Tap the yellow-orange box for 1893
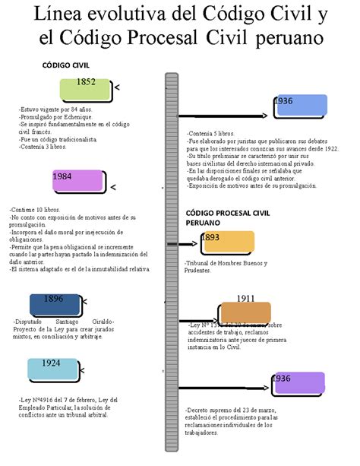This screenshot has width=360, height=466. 227,243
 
